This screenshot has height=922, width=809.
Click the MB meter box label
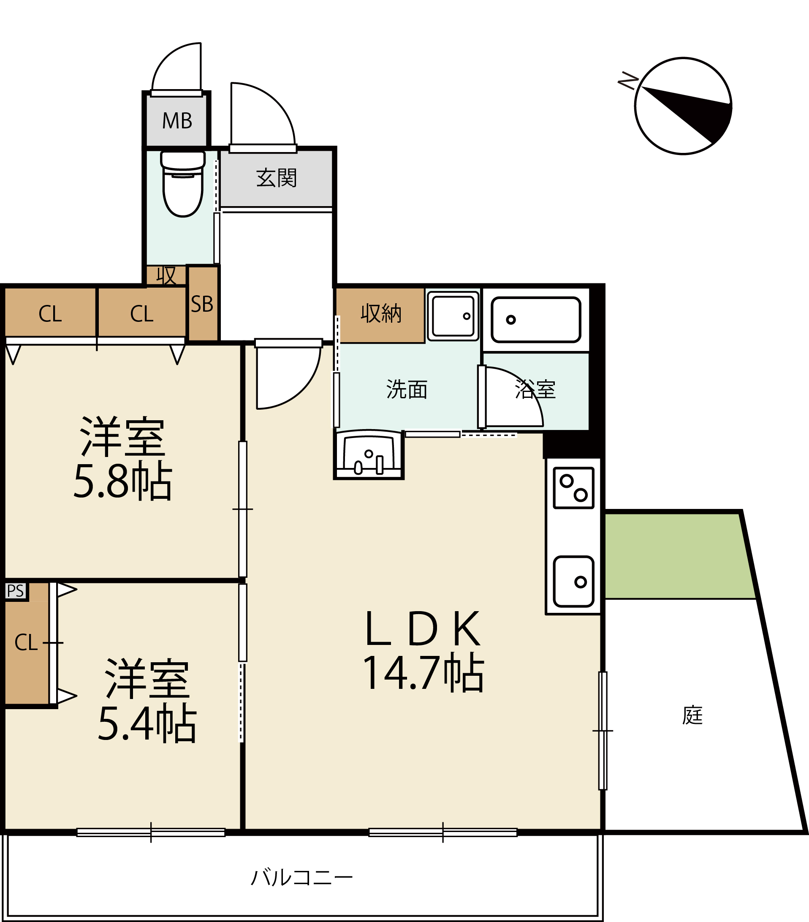pos(177,121)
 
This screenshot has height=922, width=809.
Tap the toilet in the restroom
pos(183,184)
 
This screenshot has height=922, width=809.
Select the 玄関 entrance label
pos(277,178)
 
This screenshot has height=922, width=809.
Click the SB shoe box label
pos(202,305)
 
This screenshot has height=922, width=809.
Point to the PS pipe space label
pos(15,591)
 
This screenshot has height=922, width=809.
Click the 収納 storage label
pos(381,313)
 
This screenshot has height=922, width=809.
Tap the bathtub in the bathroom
pos(536,320)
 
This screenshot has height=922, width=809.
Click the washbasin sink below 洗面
pos(369,454)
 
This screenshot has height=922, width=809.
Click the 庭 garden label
pos(692,715)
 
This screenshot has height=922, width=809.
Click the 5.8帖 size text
pos(122,481)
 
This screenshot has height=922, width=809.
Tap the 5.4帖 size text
pos(147,723)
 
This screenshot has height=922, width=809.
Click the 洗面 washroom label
pos(407,389)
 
